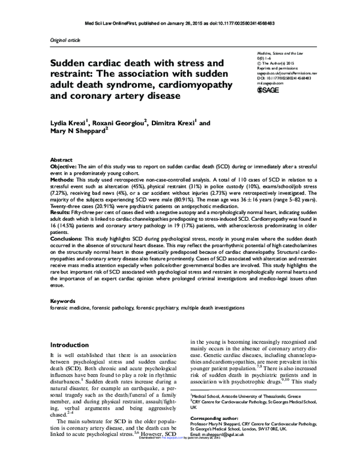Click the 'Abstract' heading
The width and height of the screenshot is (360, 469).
(61, 161)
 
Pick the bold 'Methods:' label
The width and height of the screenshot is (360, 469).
(62, 179)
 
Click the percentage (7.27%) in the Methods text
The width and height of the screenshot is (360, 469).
(59, 192)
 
